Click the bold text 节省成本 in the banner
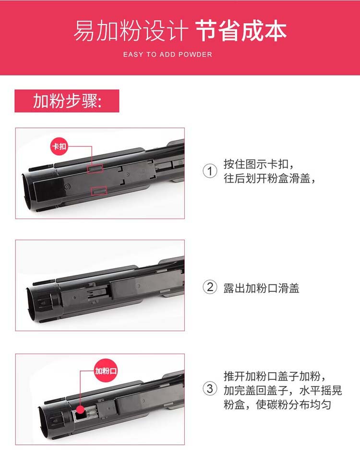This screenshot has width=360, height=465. click(241, 31)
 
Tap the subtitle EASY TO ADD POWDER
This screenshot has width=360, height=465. click(168, 55)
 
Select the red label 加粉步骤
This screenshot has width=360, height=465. click(67, 101)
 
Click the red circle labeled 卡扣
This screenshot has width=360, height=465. click(59, 147)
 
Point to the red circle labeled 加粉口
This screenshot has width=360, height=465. click(106, 371)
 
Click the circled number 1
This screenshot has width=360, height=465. click(210, 171)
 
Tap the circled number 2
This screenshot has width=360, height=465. click(210, 287)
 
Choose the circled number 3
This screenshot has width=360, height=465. click(210, 389)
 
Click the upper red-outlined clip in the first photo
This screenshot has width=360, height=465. click(95, 169)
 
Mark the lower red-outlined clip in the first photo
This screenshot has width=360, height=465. click(99, 191)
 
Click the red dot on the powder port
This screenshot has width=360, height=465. click(80, 410)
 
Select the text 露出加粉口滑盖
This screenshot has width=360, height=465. click(261, 288)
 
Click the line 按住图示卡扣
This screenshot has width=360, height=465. click(259, 164)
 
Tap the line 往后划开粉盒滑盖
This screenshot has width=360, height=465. click(269, 179)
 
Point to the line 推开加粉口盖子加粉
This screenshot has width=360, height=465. click(275, 376)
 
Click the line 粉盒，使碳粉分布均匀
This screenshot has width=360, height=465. click(277, 404)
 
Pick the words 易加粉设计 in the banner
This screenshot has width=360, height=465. click(131, 31)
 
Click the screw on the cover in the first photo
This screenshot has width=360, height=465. click(67, 186)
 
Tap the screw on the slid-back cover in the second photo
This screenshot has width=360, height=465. click(138, 286)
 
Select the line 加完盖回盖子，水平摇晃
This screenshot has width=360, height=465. click(283, 390)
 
